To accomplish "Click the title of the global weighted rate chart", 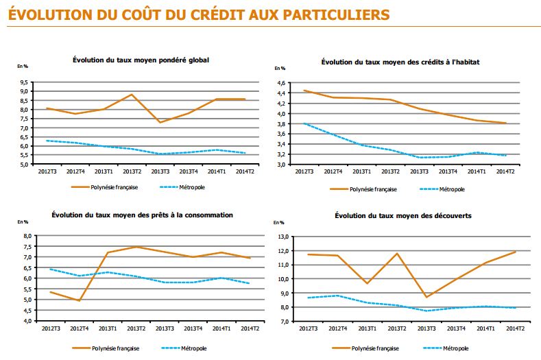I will point(141,60).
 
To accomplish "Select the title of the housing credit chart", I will point(400,62).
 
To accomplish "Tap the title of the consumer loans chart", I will point(142,215).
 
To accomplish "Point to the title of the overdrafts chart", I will point(400,215).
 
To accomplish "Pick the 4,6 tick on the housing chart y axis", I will point(280,83).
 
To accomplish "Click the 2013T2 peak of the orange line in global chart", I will point(131,95).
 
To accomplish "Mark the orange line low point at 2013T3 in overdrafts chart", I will point(426,297).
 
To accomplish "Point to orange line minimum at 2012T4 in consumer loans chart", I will point(80,300).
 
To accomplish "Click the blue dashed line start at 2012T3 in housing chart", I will point(304,123).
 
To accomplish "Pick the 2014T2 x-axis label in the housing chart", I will point(506,171).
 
